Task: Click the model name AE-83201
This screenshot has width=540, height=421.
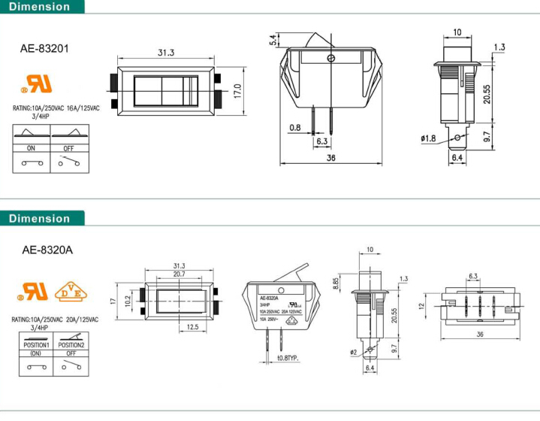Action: point(44,50)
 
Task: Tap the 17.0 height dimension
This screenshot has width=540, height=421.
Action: point(237,90)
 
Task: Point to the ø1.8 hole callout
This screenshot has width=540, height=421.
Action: point(428,138)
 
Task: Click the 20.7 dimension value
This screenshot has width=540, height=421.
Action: point(179,274)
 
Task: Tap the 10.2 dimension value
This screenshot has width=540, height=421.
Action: point(128,299)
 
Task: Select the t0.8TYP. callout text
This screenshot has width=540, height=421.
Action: point(288,358)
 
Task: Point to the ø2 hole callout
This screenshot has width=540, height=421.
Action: point(353,352)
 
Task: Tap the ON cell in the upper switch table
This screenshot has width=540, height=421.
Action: point(31,148)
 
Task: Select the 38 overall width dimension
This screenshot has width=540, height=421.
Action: point(330,158)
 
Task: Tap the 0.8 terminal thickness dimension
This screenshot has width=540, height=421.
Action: point(294,127)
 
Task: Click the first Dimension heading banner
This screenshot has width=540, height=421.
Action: point(42,7)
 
